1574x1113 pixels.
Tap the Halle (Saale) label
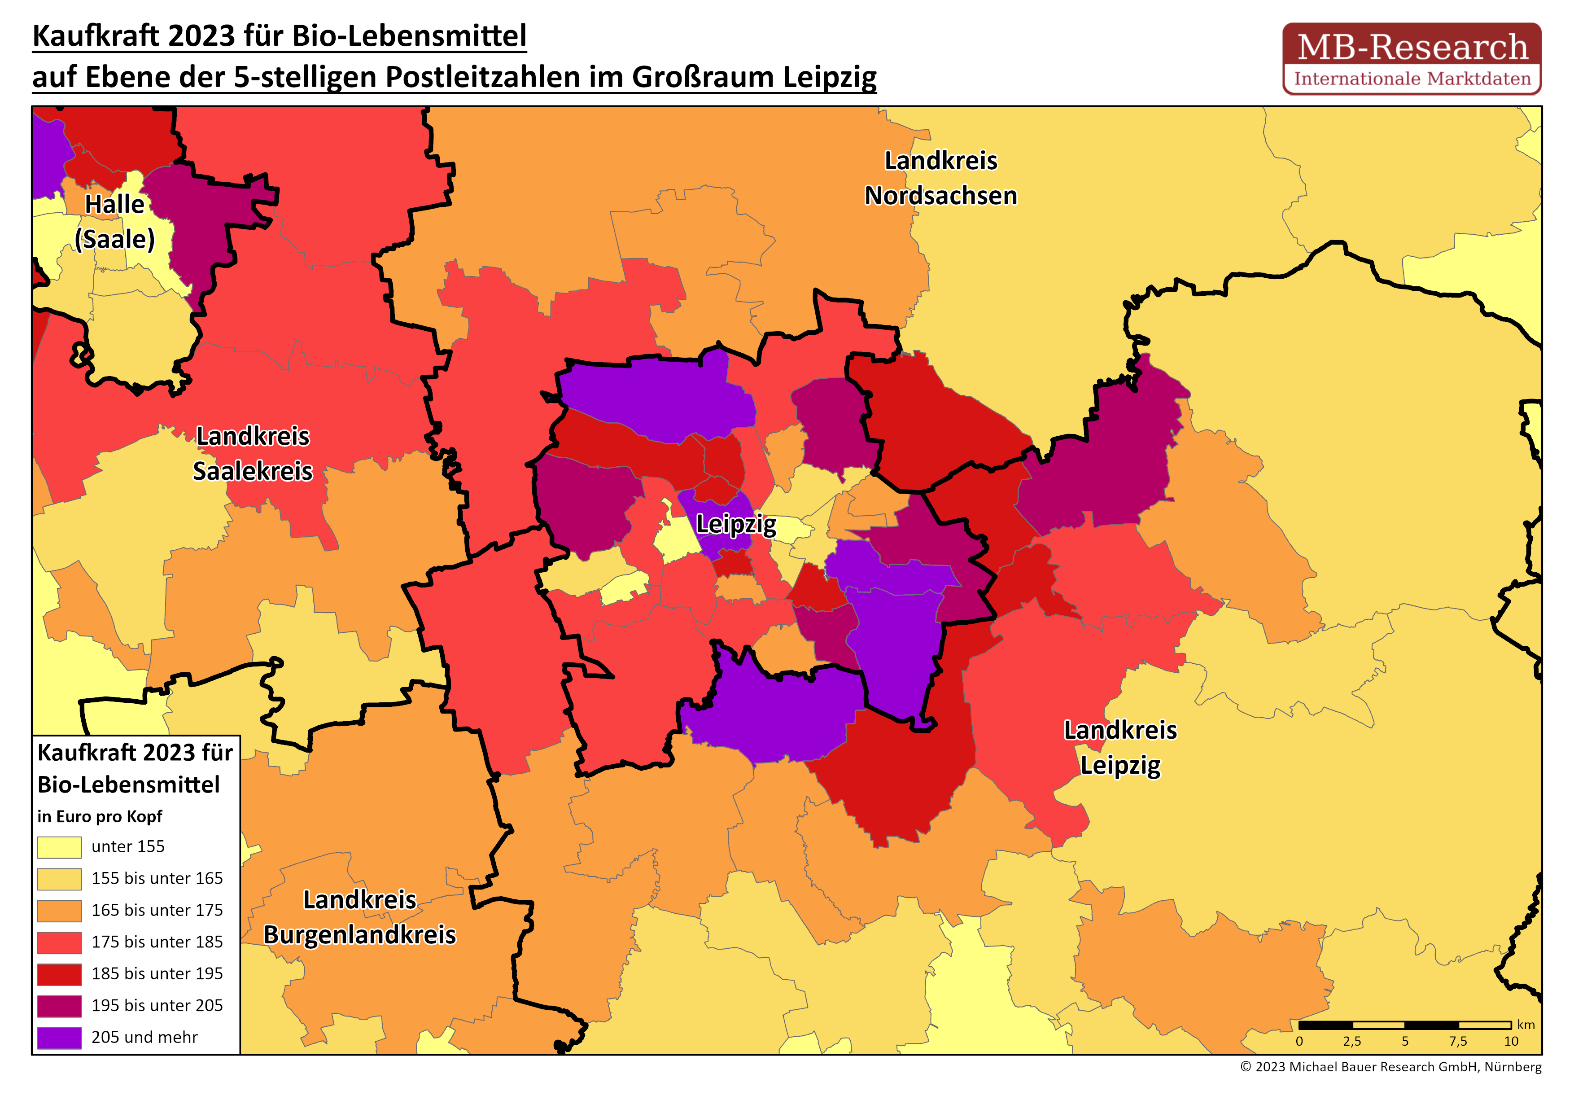[x=114, y=222]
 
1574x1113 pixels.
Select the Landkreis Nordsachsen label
[x=940, y=178]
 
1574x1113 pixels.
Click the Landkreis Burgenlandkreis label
[x=359, y=917]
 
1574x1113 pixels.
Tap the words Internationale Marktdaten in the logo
[x=1412, y=79]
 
